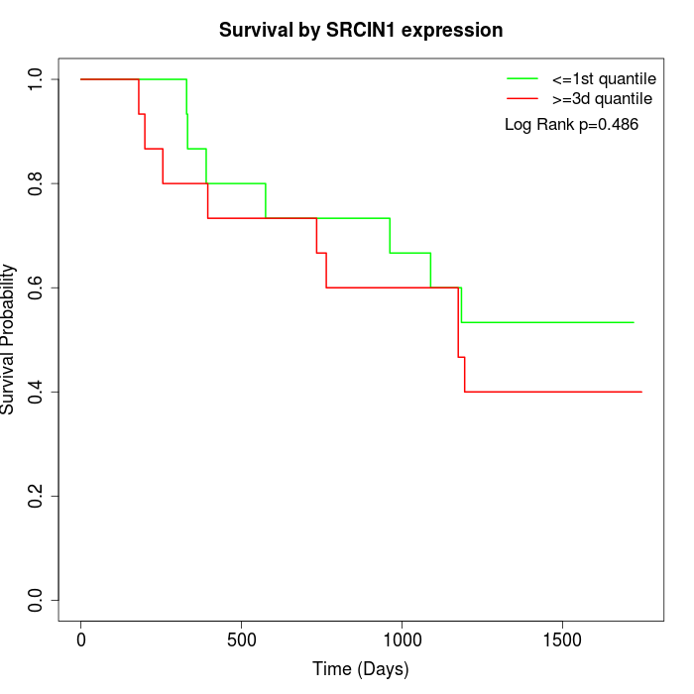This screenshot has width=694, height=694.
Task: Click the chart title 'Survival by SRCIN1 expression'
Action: coord(361,31)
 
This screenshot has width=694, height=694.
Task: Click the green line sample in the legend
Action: coord(522,78)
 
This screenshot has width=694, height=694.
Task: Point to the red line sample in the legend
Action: coord(522,98)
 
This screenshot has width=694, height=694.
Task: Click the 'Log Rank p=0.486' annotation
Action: coord(571,125)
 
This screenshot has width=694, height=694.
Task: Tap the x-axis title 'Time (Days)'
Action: coord(361,669)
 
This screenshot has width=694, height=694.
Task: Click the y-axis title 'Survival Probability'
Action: coord(9,339)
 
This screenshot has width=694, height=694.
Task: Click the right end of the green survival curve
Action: coord(634,322)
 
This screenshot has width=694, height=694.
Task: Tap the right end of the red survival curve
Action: coord(641,392)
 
